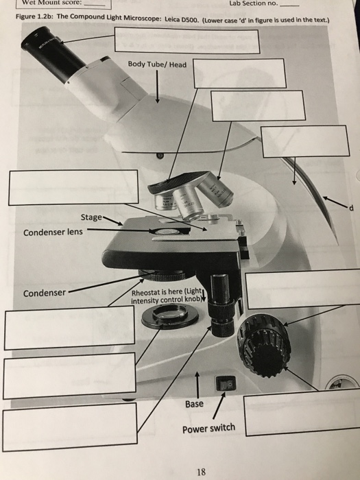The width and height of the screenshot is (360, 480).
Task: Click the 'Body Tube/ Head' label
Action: coord(156,64)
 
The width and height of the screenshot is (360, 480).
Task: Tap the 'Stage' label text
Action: coord(91,217)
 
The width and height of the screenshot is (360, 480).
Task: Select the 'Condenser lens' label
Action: coord(52,232)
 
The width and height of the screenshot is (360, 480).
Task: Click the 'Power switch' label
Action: coord(208,429)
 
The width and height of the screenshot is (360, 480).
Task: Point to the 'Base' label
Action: coord(194,404)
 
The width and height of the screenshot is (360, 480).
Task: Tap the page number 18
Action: coord(200,471)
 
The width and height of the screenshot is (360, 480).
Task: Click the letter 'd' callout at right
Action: coord(350,209)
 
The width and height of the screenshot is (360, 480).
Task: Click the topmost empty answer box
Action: coord(187,40)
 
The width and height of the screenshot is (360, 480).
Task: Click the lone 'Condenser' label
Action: coord(45,293)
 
